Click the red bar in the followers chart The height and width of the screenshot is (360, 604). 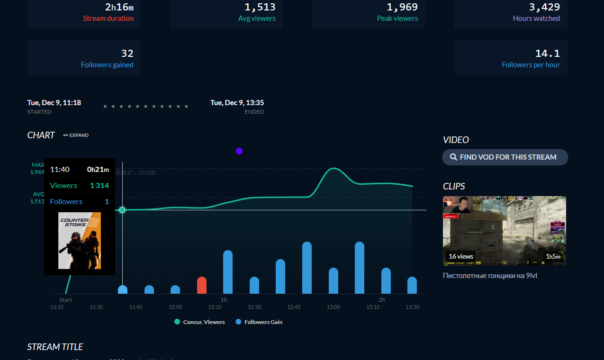[202, 285]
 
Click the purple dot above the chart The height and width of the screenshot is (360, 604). [239, 151]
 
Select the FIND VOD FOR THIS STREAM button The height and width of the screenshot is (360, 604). [505, 157]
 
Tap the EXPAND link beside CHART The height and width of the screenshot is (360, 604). [76, 135]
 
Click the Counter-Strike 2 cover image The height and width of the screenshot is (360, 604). [80, 241]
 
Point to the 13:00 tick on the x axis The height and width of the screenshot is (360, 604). [334, 307]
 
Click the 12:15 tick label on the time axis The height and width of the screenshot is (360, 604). [215, 307]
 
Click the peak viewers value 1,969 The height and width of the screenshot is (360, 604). [402, 7]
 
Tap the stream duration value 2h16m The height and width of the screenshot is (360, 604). [119, 7]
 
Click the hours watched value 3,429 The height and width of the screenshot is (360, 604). [544, 7]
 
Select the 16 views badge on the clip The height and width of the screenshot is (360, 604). [461, 256]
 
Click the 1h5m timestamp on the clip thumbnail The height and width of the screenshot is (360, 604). [553, 256]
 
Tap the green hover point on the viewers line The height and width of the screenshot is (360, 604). [122, 210]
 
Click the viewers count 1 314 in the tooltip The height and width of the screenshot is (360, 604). [99, 186]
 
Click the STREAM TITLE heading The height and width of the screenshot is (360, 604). [55, 347]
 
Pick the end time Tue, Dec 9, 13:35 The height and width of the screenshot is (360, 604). [237, 103]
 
